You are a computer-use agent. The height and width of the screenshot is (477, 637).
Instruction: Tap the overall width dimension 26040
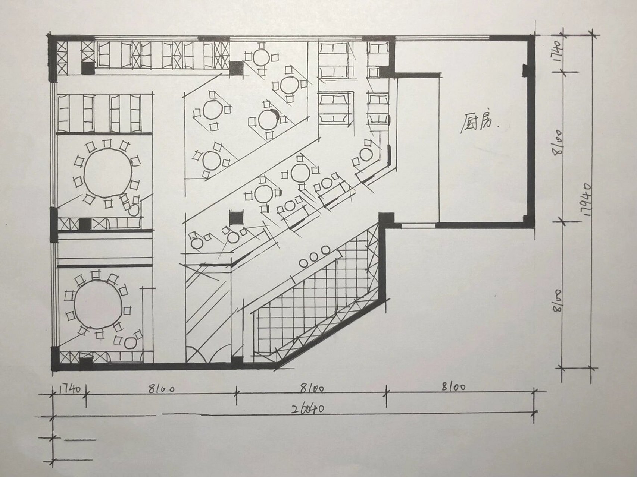pyautogui.click(x=308, y=409)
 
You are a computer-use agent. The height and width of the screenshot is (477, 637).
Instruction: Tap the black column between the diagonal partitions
pyautogui.click(x=236, y=218)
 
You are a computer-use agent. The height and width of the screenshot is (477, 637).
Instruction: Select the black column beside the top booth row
pyautogui.click(x=236, y=69)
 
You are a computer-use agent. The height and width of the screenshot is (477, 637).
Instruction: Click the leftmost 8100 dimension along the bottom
pyautogui.click(x=161, y=389)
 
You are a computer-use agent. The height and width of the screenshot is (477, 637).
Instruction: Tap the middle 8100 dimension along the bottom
pyautogui.click(x=312, y=388)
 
